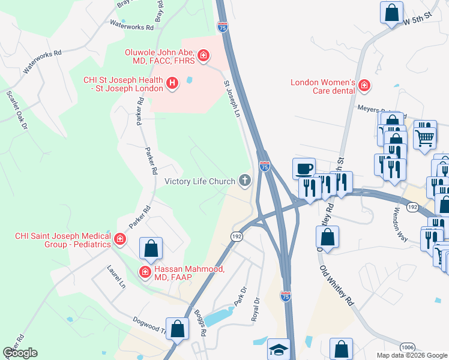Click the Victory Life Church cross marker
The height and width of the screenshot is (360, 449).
tap(244, 180)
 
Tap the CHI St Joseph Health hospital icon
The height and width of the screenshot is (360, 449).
tap(172, 83)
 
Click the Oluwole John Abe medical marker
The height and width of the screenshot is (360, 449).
tap(203, 56)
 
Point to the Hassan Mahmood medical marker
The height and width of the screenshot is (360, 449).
tap(145, 273)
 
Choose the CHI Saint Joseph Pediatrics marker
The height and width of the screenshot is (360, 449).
tap(120, 240)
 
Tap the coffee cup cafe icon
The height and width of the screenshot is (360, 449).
tap(304, 167)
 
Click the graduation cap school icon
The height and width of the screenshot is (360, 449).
tap(278, 349)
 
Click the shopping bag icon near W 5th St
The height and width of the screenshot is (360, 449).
tap(391, 12)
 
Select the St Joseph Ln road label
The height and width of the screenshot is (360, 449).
tap(232, 99)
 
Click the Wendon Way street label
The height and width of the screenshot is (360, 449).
tap(400, 224)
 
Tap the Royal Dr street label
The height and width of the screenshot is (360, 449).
tap(255, 308)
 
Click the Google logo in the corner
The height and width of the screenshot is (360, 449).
tap(20, 353)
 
